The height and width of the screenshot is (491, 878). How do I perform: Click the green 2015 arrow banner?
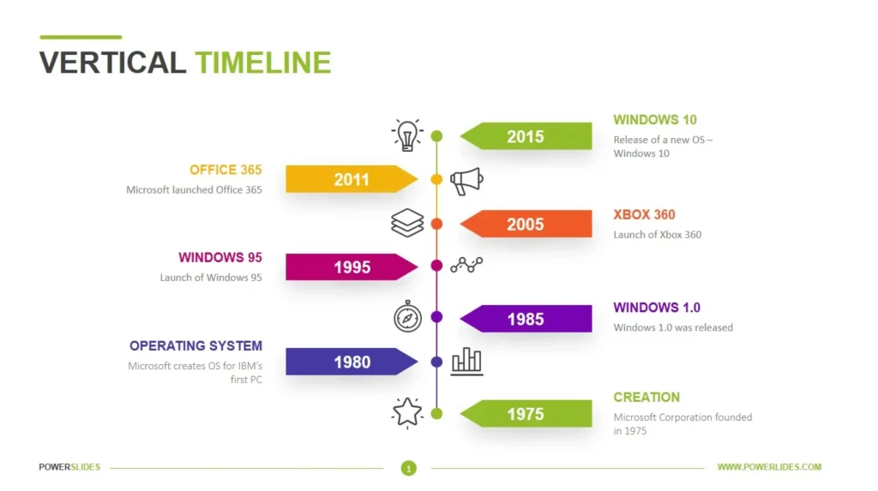[526, 136]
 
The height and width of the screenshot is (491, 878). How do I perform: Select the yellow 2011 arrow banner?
[351, 179]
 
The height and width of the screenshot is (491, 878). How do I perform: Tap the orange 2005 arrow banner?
[526, 224]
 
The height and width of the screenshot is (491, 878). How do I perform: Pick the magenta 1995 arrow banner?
[351, 266]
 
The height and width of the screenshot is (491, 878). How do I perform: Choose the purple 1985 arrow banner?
[526, 319]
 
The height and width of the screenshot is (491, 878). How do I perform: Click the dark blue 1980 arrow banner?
[351, 362]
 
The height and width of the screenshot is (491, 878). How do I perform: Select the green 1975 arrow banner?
[526, 414]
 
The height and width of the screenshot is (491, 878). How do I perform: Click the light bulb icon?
[407, 135]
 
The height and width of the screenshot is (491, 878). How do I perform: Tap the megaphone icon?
[467, 180]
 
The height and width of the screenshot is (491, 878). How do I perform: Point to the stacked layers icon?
[407, 224]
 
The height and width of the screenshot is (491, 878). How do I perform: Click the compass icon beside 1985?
[407, 317]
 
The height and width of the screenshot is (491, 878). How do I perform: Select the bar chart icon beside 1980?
[467, 361]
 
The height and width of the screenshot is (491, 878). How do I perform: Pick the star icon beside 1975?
[407, 413]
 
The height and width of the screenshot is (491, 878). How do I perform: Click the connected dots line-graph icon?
[467, 266]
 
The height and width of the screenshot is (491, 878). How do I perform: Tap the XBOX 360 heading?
[644, 215]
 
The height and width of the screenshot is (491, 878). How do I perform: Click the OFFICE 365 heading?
[226, 170]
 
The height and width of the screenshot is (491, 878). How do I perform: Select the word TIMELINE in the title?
[262, 63]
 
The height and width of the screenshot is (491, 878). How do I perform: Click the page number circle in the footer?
[409, 468]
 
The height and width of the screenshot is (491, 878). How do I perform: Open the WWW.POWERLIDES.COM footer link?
[769, 467]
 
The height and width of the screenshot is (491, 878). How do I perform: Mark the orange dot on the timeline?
[436, 224]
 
